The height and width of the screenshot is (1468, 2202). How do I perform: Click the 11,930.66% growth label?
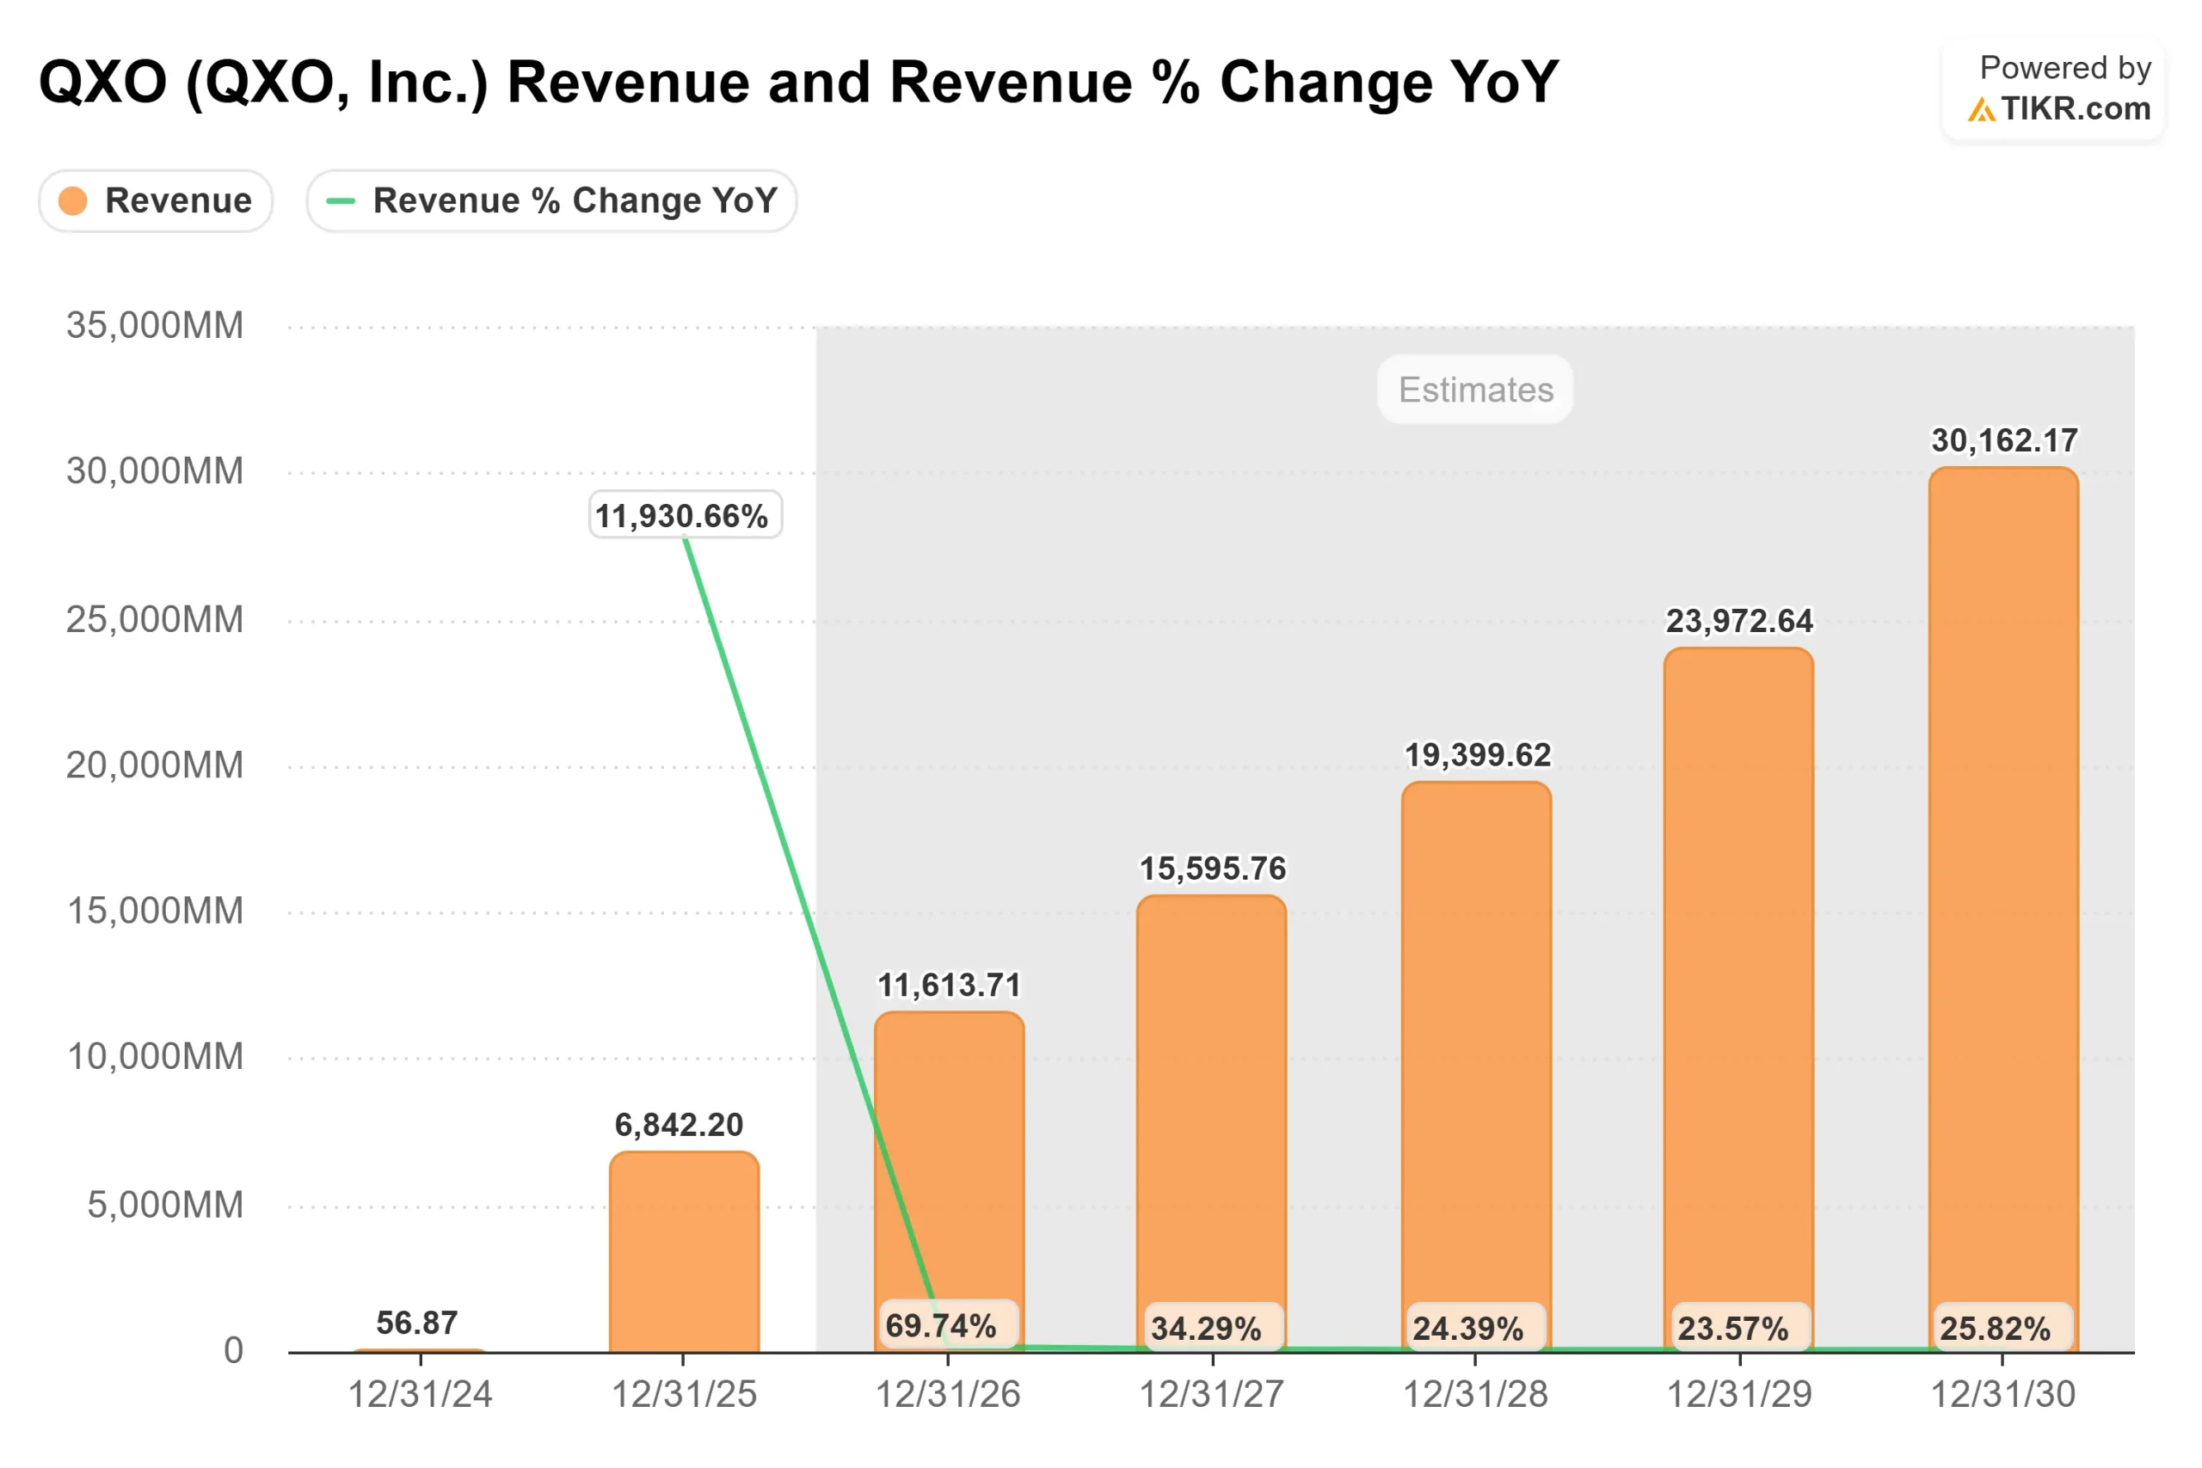click(x=685, y=516)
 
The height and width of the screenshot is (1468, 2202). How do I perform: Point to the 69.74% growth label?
click(x=942, y=1326)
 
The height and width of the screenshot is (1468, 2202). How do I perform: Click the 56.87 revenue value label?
click(x=416, y=1323)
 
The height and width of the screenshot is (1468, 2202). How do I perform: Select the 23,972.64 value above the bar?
click(x=1738, y=621)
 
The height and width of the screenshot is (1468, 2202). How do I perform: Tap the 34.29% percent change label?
click(x=1206, y=1329)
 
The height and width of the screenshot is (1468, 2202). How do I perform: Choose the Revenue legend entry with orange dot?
click(x=156, y=200)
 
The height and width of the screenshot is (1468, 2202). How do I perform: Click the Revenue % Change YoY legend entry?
click(x=551, y=200)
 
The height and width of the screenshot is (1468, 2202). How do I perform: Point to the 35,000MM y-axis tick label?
click(x=155, y=326)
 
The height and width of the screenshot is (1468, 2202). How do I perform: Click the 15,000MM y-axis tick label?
click(x=155, y=911)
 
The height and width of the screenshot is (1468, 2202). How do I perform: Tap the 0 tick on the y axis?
click(x=233, y=1350)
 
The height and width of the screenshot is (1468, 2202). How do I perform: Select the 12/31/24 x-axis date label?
click(x=420, y=1395)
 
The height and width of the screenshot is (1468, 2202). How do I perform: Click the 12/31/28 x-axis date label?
click(x=1475, y=1395)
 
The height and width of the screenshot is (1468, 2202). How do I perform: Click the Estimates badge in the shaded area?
click(x=1475, y=390)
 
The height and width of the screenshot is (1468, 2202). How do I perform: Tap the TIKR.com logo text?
click(x=2075, y=109)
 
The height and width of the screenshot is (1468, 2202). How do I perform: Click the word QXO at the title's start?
click(x=103, y=83)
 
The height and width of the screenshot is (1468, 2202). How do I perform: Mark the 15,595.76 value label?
click(x=1213, y=869)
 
